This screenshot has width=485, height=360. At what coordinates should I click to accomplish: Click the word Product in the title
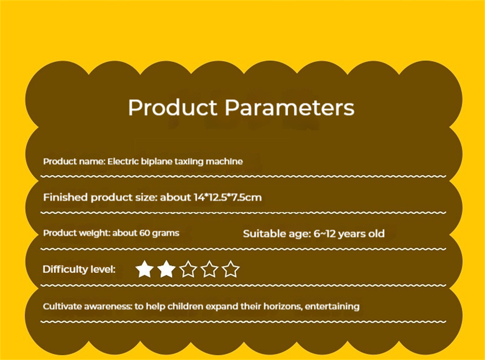(173, 107)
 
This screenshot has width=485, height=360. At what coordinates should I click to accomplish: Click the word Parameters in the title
(290, 107)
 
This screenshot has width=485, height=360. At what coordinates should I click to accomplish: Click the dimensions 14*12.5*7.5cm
(227, 197)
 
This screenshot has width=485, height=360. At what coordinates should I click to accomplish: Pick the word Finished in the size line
(65, 197)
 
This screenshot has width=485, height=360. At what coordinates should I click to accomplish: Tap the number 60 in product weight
(145, 233)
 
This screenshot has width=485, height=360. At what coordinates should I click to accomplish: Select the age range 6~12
(324, 233)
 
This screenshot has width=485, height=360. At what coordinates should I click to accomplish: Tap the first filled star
(145, 269)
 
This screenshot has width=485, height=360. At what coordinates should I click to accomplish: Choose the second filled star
(166, 269)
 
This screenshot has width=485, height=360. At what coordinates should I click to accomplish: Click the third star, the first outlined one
(188, 269)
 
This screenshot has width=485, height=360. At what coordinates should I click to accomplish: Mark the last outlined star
(231, 269)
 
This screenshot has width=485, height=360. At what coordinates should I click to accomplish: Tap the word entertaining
(332, 307)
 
